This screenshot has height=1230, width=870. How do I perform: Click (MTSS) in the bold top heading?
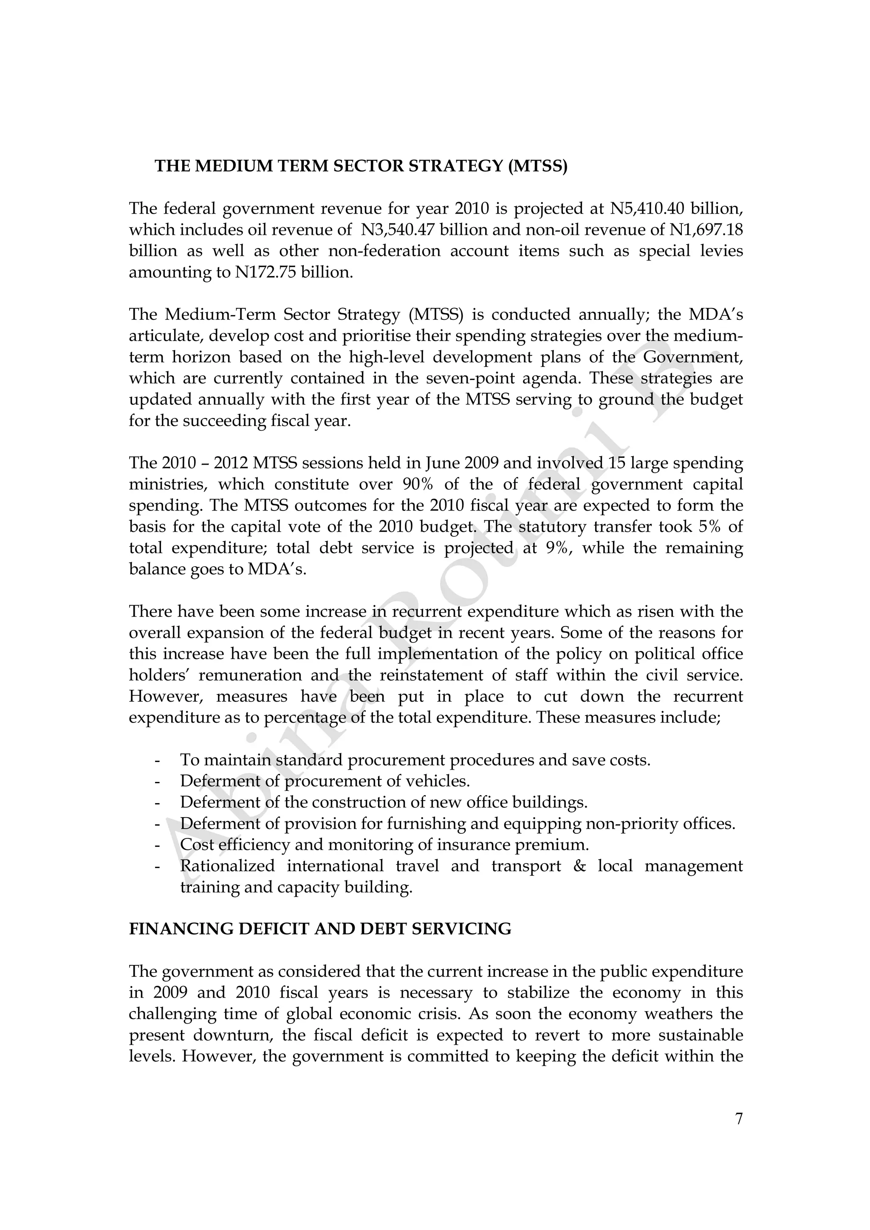tap(537, 166)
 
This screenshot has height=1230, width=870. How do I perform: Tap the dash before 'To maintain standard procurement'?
tap(157, 760)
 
